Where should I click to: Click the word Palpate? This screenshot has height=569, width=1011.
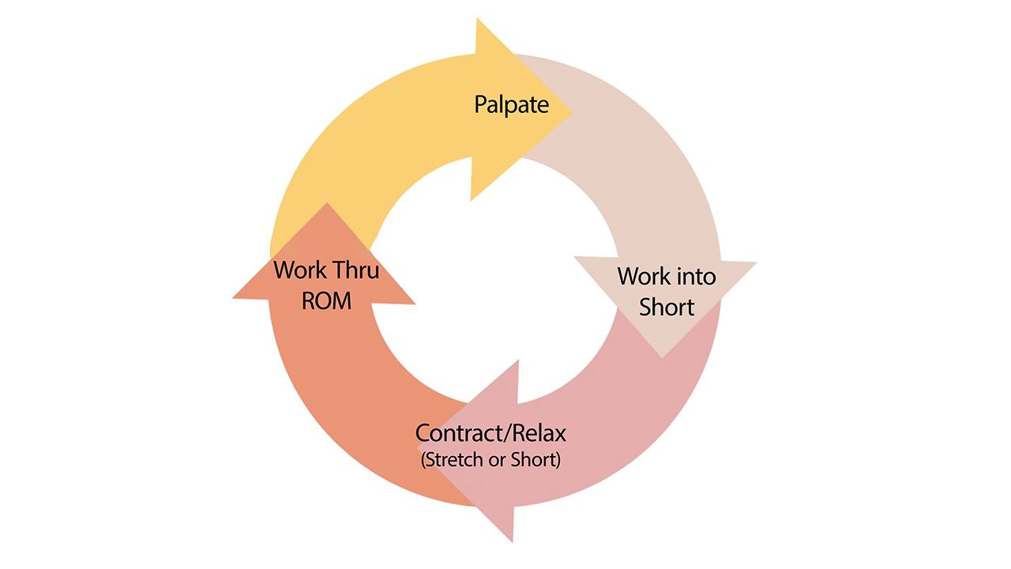[511, 105]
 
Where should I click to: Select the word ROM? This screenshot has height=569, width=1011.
[326, 301]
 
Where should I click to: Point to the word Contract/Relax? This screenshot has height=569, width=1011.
[490, 434]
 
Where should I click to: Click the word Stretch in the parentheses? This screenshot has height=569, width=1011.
[455, 460]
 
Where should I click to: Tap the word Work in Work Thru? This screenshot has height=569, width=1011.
[299, 270]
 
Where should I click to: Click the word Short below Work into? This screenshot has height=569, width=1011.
[667, 307]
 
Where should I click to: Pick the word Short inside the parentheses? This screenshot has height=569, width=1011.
[533, 460]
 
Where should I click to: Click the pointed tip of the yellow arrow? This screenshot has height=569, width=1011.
[573, 112]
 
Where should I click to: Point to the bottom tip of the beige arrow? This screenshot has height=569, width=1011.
[662, 358]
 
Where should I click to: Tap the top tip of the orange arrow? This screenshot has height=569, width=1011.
[326, 203]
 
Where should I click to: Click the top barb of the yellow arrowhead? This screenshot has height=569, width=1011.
[477, 19]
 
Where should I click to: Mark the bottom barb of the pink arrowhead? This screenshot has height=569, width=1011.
[513, 541]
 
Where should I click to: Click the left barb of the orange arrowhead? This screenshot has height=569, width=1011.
[233, 298]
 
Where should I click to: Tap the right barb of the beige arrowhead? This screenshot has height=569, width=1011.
[757, 262]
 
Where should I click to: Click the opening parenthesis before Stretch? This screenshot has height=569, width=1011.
[423, 460]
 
